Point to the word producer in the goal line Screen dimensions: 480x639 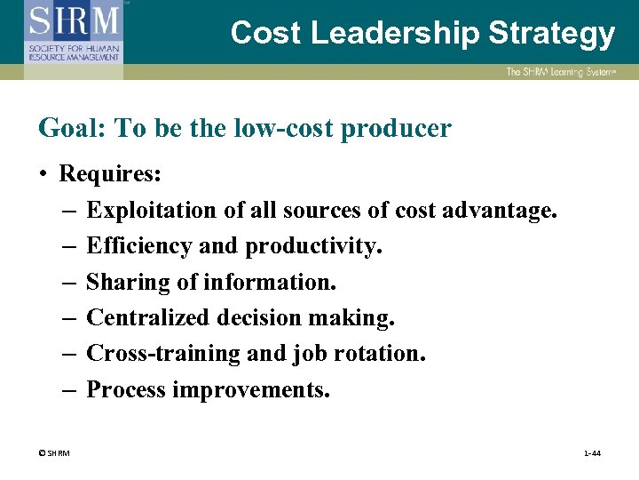(x=398, y=130)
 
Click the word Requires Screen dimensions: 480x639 (x=109, y=172)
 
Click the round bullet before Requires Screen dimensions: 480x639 (x=43, y=173)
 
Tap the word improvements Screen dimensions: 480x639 (x=251, y=390)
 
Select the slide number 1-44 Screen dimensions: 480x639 (x=592, y=453)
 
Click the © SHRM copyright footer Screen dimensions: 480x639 (x=54, y=453)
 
